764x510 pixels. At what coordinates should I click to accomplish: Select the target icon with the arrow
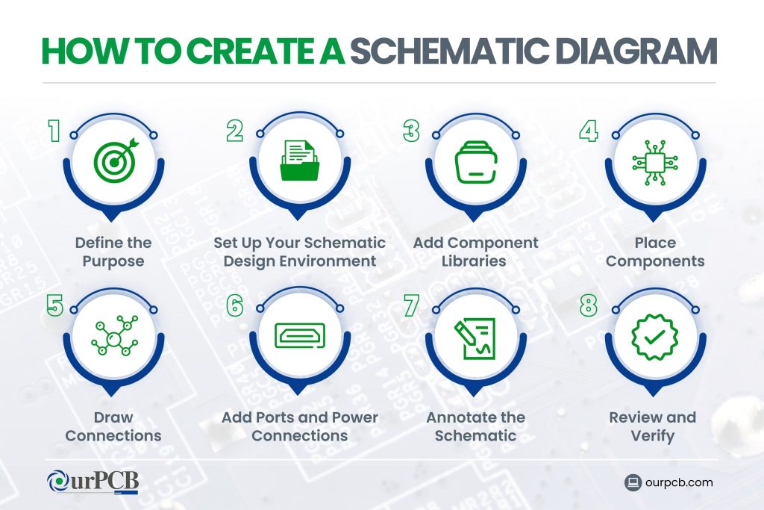click(x=113, y=160)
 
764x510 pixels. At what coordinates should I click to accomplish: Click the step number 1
click(x=54, y=132)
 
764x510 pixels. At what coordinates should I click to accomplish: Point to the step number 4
click(x=589, y=132)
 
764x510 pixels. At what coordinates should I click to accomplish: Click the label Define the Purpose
click(x=113, y=252)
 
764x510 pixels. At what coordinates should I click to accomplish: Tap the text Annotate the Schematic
click(x=476, y=426)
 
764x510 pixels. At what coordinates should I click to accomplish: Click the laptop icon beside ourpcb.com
click(x=633, y=482)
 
